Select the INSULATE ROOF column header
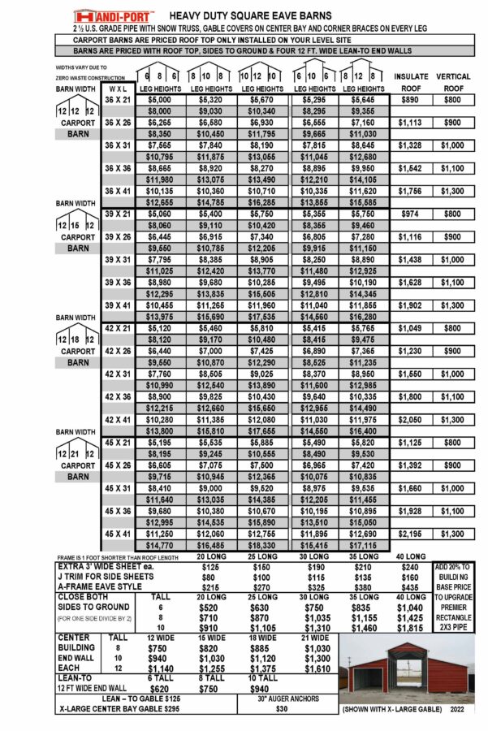tap(410, 82)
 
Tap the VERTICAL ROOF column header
tap(453, 82)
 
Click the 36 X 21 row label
tap(118, 99)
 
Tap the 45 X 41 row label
tap(118, 534)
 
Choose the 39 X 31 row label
tap(118, 259)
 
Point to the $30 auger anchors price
tap(283, 709)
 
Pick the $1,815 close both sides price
tap(412, 629)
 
